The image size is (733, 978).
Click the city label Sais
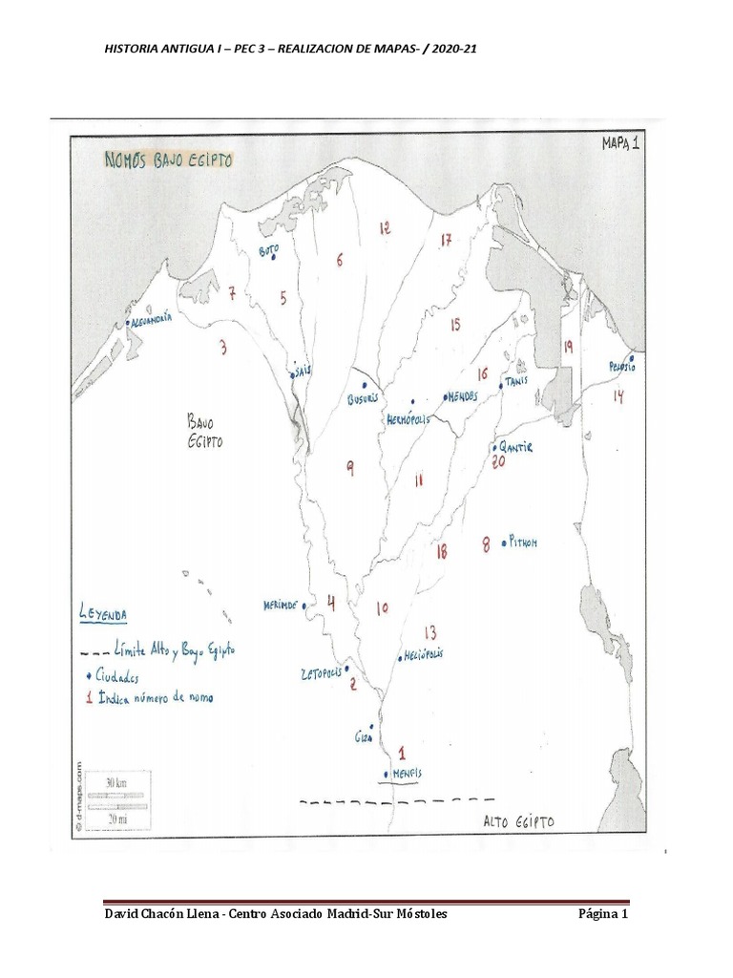[x=304, y=368]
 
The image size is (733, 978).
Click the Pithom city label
[x=522, y=542]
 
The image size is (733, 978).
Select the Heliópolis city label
[x=424, y=656]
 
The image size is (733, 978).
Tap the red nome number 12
[x=384, y=228]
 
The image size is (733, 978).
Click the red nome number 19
[x=567, y=348]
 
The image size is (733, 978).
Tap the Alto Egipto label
[x=518, y=821]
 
